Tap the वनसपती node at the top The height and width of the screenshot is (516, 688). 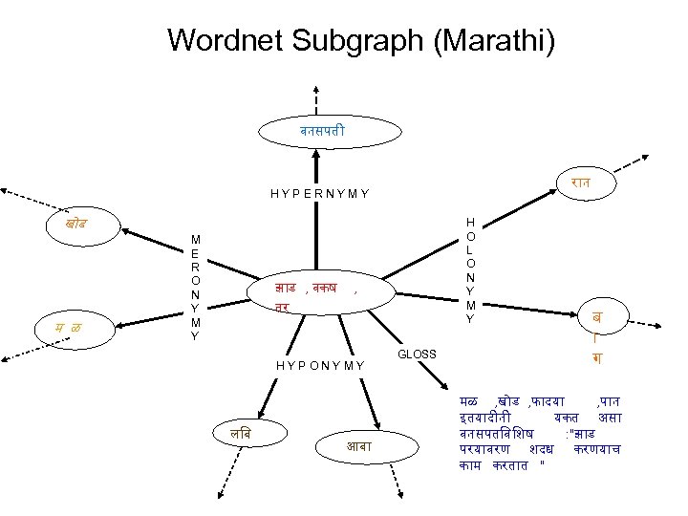tap(314, 129)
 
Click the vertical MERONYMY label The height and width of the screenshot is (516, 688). tap(195, 287)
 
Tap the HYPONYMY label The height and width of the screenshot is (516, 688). tap(319, 364)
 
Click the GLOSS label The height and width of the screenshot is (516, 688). tap(417, 355)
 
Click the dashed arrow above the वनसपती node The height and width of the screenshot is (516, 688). tap(314, 96)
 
